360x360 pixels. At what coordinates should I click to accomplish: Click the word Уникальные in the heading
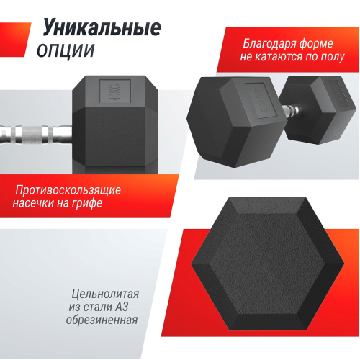click(100, 29)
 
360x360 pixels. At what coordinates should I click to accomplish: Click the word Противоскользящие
click(68, 190)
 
